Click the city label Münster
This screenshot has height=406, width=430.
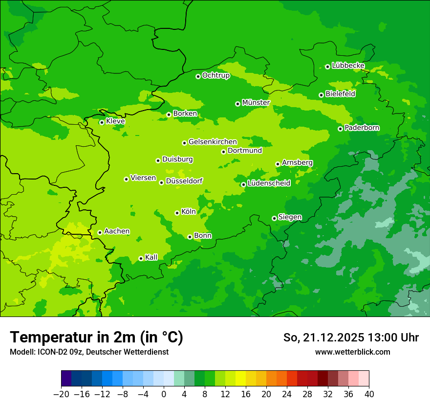tap(256, 103)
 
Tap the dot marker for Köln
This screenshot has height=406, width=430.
tap(177, 213)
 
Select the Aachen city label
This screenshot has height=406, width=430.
tap(117, 231)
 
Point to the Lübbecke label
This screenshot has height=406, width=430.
tap(348, 66)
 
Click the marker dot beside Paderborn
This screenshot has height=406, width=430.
tap(340, 129)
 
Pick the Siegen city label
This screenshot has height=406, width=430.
tap(290, 217)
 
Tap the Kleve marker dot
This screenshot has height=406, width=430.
tap(102, 122)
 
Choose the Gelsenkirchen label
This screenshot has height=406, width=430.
tap(213, 142)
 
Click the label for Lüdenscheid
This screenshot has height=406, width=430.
tap(269, 183)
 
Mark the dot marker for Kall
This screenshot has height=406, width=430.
tap(141, 258)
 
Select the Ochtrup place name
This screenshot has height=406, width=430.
tap(215, 75)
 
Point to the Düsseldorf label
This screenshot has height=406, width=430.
tap(184, 181)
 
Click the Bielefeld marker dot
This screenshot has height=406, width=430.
tap(321, 95)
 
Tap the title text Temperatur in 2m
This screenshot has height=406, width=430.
tap(96, 338)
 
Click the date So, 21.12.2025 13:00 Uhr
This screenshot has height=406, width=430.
tap(350, 338)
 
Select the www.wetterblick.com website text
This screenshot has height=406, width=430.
tap(352, 352)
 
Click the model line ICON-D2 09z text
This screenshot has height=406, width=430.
tap(89, 352)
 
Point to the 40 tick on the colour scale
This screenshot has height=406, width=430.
tap(369, 394)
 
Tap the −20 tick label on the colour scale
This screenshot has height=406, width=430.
tap(61, 394)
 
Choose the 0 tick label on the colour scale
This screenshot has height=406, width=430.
tap(164, 394)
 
